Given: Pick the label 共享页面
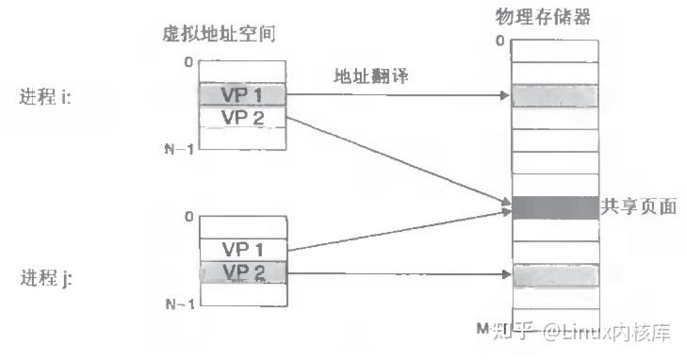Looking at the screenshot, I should coord(638,206).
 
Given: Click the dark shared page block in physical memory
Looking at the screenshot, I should coord(555,206).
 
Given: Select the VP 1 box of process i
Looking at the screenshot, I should coord(241,95).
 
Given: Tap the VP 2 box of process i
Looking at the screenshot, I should coord(241,117).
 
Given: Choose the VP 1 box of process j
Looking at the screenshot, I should coord(241,250).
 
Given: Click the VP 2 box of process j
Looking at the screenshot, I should coord(241,271).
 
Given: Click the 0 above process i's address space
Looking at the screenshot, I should coord(188,62).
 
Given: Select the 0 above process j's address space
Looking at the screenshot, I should coord(188,217).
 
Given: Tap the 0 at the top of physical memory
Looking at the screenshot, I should coord(499,41).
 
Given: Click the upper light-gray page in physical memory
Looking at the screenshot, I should coord(555,96).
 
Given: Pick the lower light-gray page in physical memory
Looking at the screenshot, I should coord(555,276).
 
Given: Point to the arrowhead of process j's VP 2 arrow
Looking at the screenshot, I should coord(505,276).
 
